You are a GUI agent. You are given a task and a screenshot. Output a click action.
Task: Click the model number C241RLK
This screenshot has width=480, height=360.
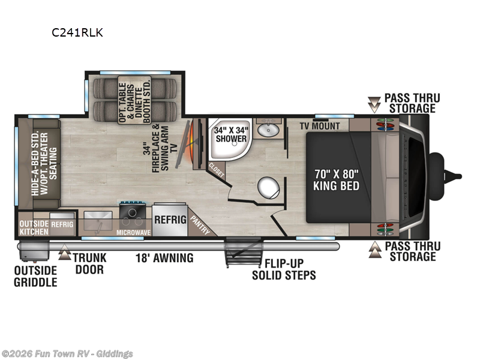[x=77, y=33]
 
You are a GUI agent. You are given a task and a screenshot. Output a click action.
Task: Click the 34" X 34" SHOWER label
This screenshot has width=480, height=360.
[x=232, y=134]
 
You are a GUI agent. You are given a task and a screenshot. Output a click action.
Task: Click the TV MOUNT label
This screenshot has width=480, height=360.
[x=320, y=126]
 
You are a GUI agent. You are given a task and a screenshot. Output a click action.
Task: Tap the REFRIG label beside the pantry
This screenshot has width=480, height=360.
[x=170, y=220]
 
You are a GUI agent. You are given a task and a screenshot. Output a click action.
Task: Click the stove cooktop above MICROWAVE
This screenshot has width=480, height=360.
[x=132, y=211]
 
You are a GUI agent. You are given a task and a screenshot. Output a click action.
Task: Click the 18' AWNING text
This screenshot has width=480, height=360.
[x=163, y=259]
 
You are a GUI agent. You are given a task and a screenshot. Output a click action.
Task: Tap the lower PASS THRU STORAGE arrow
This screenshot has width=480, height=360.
[x=375, y=246]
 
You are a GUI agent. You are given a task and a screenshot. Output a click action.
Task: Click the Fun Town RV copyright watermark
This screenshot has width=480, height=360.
[x=67, y=353]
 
